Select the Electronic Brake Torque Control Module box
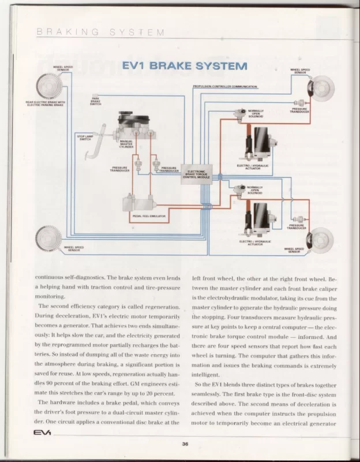197,174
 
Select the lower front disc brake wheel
318,237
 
